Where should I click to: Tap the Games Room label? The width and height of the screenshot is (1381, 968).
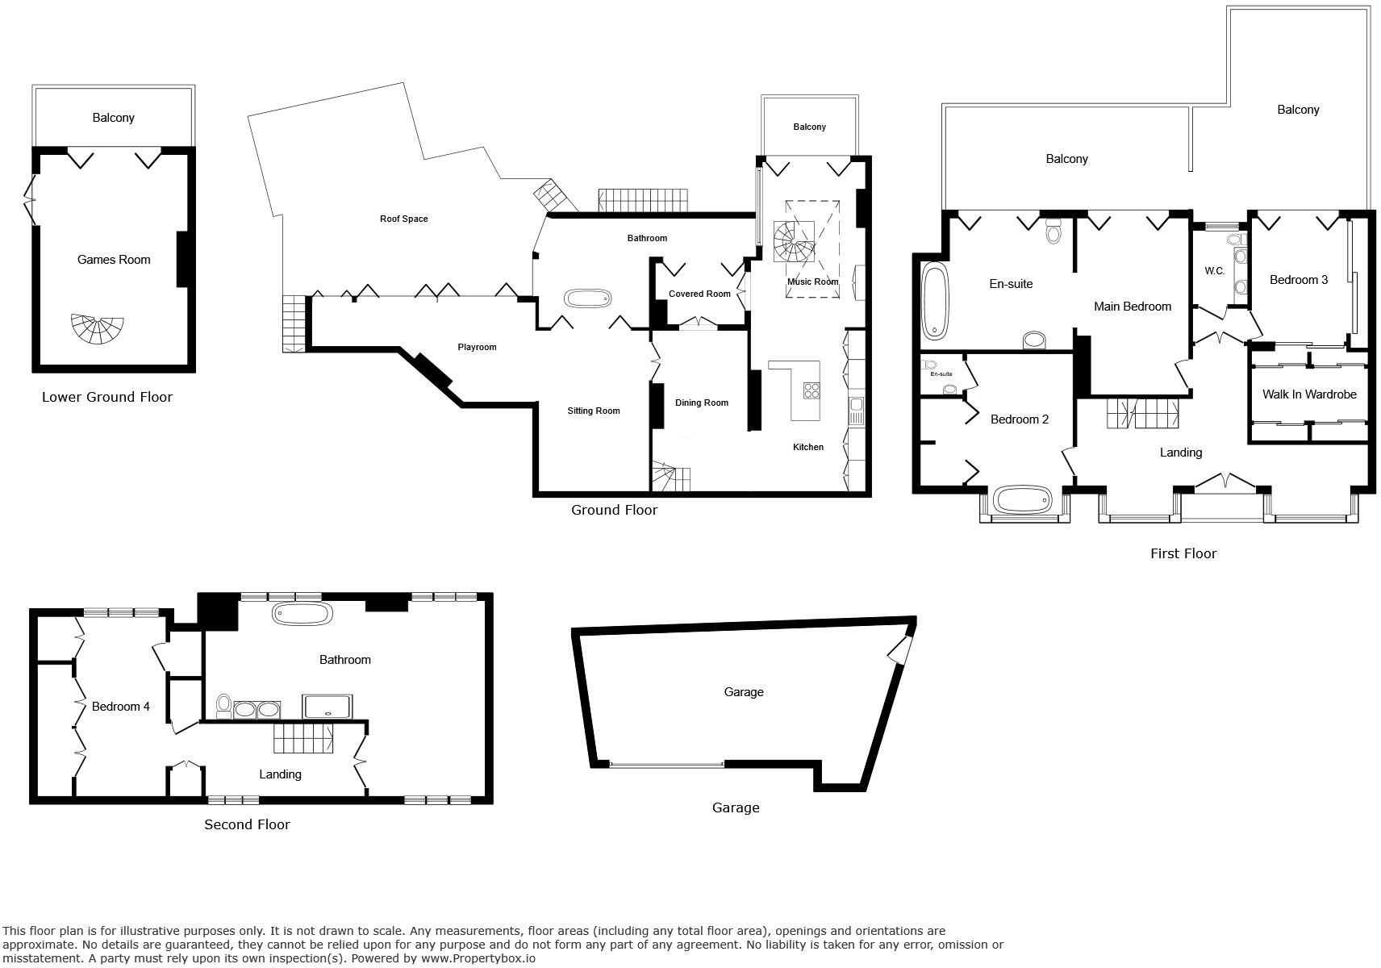tap(114, 260)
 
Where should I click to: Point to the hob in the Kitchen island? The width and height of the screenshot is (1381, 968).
tap(811, 391)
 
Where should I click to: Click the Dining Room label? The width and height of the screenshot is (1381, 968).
tap(701, 403)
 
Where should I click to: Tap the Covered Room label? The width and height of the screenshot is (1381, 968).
tap(699, 294)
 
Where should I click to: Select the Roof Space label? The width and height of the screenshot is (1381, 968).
tap(403, 219)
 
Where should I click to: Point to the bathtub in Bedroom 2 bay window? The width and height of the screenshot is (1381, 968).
tap(1024, 500)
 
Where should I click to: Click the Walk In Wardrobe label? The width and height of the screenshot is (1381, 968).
tap(1308, 394)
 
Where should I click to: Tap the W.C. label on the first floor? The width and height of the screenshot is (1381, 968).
tap(1215, 271)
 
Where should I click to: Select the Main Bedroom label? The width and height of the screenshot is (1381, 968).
tap(1132, 307)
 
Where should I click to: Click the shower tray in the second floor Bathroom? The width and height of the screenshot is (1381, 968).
tap(327, 707)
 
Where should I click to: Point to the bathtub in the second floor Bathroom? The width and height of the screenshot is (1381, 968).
tap(302, 613)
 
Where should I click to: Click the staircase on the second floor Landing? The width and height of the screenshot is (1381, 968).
tap(303, 738)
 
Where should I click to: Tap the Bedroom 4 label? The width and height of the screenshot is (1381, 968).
tap(120, 707)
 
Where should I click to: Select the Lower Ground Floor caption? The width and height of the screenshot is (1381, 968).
tap(107, 397)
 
